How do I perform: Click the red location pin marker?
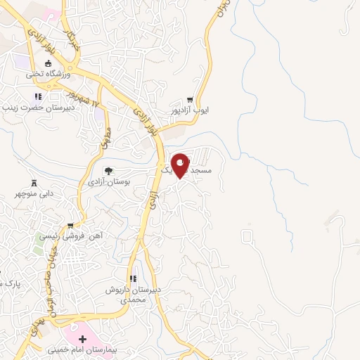(x=181, y=165)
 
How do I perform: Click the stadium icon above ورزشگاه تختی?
(x=47, y=63)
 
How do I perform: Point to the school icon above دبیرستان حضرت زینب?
(x=38, y=97)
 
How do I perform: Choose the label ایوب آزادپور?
(x=191, y=110)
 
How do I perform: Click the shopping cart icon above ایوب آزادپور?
(x=190, y=100)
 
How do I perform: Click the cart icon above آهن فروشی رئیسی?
(x=70, y=226)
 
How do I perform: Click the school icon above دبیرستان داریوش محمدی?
(x=134, y=279)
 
